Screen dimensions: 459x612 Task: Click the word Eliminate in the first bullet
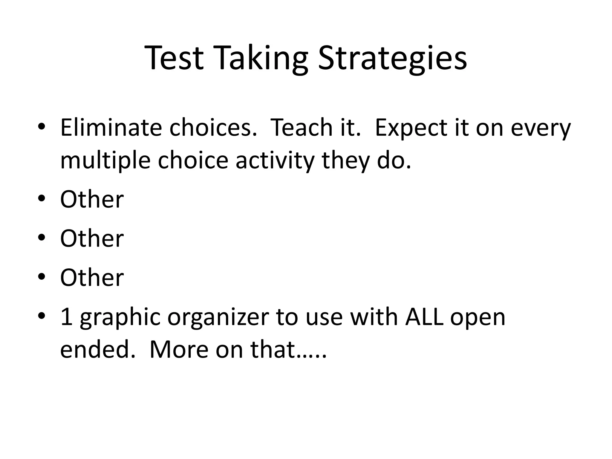point(111,128)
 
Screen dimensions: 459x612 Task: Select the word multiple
point(105,160)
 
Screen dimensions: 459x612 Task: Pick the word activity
point(275,160)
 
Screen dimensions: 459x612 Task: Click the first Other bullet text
point(92,199)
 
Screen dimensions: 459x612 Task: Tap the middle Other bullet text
point(92,238)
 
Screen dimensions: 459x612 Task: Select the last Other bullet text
point(92,278)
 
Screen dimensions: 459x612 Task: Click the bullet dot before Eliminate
point(42,126)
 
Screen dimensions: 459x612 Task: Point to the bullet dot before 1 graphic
point(42,316)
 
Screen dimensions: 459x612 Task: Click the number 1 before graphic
point(66,317)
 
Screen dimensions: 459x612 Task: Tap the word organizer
point(218,317)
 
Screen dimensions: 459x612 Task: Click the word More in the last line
point(179,350)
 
